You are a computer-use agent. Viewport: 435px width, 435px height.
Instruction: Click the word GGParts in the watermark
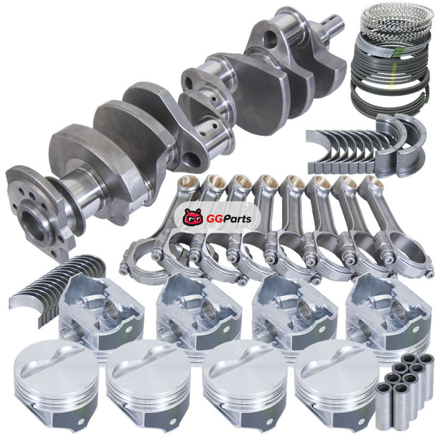[x=229, y=219]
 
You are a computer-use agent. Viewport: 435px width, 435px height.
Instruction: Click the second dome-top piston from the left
[x=148, y=387]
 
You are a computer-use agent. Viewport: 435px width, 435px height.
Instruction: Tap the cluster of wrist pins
[x=405, y=386]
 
